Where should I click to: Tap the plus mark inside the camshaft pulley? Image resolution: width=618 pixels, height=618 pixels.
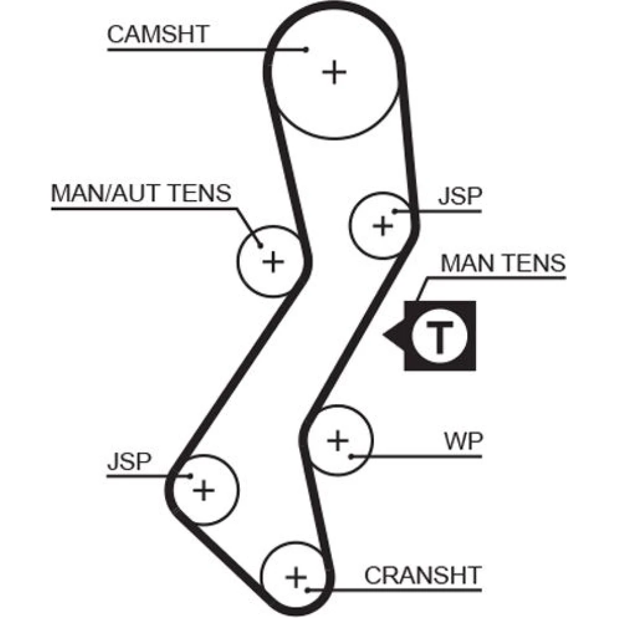pos(335,73)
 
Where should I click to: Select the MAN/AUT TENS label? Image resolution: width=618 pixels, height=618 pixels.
pos(141,193)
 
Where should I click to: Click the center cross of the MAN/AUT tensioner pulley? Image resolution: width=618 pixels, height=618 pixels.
pos(272,262)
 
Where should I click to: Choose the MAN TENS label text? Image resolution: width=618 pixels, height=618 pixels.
pos(502,264)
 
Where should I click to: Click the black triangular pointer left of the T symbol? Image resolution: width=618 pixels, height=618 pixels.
pos(394,336)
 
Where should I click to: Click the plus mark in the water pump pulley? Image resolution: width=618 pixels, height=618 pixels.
pos(337,441)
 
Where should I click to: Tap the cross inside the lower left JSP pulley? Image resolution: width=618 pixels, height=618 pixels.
pos(203,491)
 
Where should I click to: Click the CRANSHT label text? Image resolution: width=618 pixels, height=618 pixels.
pos(421,575)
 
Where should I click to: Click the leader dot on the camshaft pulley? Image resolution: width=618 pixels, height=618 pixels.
pos(306,48)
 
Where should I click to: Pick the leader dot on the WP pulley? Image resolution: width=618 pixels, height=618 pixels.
pos(350,457)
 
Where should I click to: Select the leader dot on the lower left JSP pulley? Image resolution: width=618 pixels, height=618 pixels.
pos(190,476)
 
